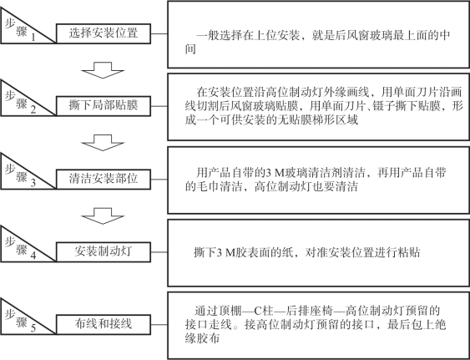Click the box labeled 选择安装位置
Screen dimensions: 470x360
pyautogui.click(x=104, y=33)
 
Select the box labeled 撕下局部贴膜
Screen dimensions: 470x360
pyautogui.click(x=104, y=106)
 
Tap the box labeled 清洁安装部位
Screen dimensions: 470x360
pyautogui.click(x=104, y=180)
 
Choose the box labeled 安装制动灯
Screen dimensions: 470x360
pyautogui.click(x=104, y=252)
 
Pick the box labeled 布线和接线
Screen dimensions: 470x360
pyautogui.click(x=104, y=324)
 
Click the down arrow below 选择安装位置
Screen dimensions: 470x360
pyautogui.click(x=103, y=70)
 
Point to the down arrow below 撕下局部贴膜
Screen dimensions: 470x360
pyautogui.click(x=103, y=143)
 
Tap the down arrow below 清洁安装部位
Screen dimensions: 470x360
pyautogui.click(x=103, y=216)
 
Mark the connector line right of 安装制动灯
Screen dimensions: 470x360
pyautogui.click(x=159, y=252)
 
